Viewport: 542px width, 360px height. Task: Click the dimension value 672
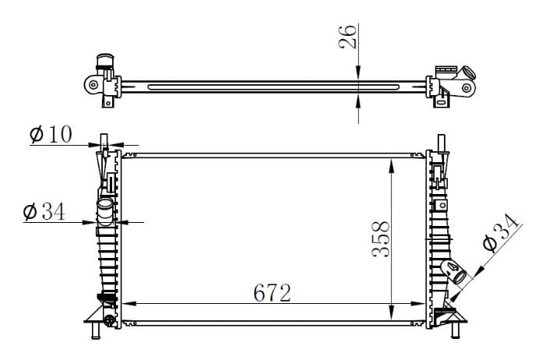(x=272, y=293)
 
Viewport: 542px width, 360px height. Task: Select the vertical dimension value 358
(x=381, y=238)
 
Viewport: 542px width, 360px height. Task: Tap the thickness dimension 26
(x=348, y=37)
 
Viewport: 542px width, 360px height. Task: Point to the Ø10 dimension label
(x=51, y=134)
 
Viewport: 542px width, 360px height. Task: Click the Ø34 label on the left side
(x=44, y=211)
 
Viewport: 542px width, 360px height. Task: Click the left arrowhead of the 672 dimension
(x=128, y=304)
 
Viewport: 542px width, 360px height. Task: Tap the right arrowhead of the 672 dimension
(x=417, y=304)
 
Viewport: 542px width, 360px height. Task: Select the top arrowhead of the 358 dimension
(x=391, y=166)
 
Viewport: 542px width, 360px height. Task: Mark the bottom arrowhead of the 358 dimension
(x=391, y=312)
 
